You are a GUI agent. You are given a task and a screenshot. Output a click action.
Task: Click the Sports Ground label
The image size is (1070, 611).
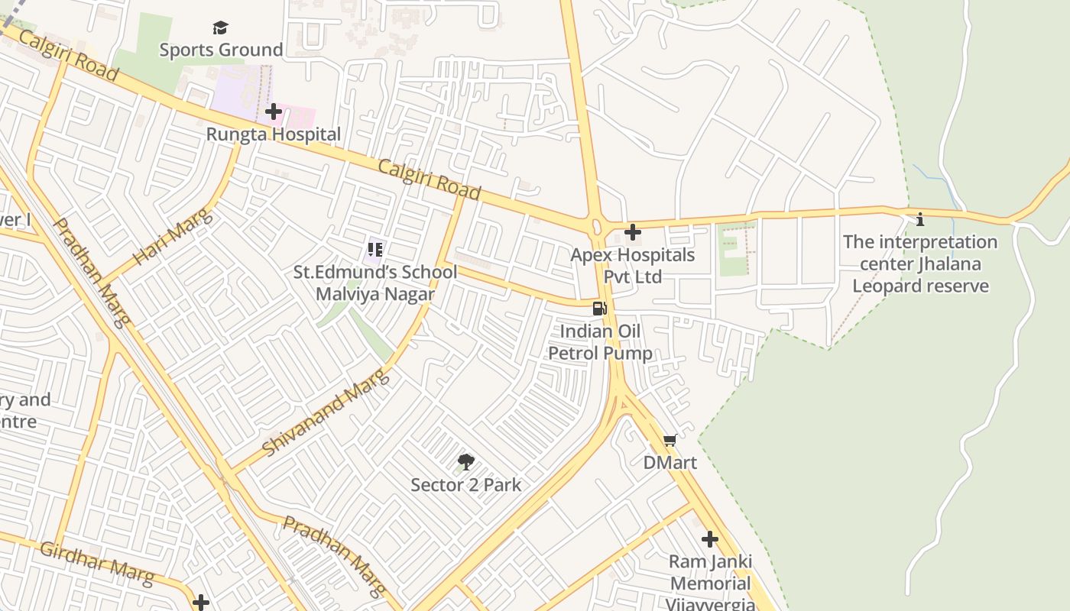221,50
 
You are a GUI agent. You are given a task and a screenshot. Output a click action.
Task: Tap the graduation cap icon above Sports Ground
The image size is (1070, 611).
221,28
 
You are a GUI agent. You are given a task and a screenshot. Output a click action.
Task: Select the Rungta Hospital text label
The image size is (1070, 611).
274,134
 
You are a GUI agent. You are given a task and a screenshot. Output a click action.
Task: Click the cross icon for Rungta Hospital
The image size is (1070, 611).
274,112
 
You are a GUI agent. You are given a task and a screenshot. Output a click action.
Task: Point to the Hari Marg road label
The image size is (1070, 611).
172,238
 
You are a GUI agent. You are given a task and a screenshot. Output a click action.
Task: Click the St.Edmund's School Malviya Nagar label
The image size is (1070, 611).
375,283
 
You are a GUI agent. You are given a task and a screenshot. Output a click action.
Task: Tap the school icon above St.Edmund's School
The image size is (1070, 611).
375,249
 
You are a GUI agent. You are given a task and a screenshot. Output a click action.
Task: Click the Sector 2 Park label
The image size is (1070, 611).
465,485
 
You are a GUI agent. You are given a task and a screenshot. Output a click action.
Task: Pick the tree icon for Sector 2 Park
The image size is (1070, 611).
465,462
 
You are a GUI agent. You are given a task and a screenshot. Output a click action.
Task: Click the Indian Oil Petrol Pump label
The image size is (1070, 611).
601,342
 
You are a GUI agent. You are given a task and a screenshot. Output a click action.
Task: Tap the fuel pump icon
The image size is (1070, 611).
600,309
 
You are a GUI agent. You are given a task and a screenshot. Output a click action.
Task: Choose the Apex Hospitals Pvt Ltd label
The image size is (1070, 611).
633,265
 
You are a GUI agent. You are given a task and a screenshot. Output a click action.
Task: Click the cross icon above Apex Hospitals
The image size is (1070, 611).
633,232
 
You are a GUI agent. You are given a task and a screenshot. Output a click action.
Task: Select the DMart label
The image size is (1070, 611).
670,463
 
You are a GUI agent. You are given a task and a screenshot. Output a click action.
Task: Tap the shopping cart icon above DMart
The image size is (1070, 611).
670,440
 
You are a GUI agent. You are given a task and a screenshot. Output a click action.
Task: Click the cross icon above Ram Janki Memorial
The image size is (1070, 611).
710,539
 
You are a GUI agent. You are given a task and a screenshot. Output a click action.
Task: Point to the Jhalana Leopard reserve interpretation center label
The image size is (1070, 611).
920,264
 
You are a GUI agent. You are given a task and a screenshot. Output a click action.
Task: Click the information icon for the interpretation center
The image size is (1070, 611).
920,220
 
